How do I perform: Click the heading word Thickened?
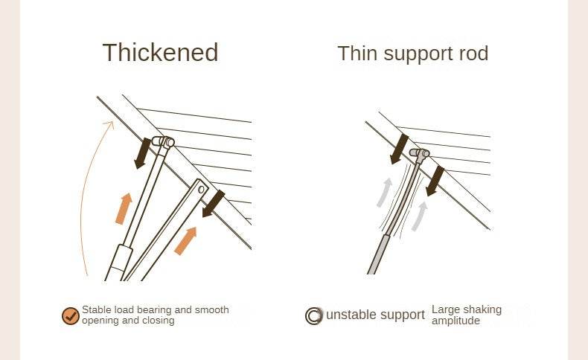click(x=160, y=52)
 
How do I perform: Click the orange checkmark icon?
click(x=71, y=316)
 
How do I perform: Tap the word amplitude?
click(x=456, y=321)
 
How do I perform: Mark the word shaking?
click(x=480, y=310)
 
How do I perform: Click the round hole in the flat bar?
click(x=201, y=189)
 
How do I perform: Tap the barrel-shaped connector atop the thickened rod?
click(x=163, y=142)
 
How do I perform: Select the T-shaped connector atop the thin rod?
click(x=420, y=154)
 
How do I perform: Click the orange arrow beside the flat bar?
click(x=185, y=241)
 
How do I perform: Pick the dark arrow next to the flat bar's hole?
click(x=214, y=203)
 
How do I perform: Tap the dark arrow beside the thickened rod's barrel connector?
click(x=142, y=153)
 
